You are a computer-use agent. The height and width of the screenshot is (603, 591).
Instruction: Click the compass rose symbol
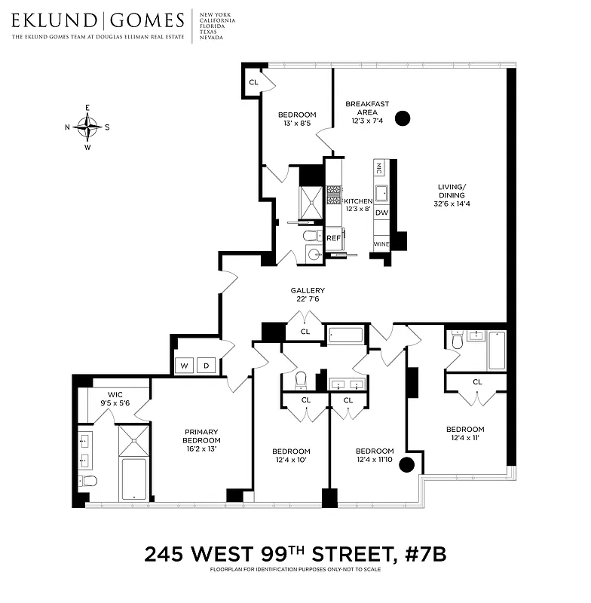(x=88, y=127)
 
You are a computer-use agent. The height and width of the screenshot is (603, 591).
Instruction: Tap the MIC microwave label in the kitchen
(x=379, y=166)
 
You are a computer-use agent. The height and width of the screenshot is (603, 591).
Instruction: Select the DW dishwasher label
(x=381, y=213)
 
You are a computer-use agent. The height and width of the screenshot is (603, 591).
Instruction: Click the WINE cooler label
(x=381, y=245)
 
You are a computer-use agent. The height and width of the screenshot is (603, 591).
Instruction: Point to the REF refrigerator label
(x=333, y=238)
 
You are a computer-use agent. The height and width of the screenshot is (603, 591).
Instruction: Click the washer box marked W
(x=184, y=366)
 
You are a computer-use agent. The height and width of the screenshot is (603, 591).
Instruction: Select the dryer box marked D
(x=207, y=366)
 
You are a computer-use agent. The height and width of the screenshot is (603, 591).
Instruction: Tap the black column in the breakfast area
(x=403, y=118)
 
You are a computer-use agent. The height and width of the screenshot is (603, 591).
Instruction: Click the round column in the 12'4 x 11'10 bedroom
(x=407, y=464)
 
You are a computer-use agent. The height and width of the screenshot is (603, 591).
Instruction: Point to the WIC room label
(x=115, y=394)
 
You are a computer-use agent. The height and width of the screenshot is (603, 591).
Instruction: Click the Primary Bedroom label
(x=202, y=436)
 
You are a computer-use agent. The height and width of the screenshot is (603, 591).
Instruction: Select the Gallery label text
(x=308, y=290)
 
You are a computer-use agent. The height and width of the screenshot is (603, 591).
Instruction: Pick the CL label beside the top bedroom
(x=253, y=82)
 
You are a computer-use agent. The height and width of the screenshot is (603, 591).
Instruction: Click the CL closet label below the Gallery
(x=305, y=332)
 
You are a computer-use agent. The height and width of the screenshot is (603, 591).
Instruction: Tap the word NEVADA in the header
(x=211, y=38)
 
